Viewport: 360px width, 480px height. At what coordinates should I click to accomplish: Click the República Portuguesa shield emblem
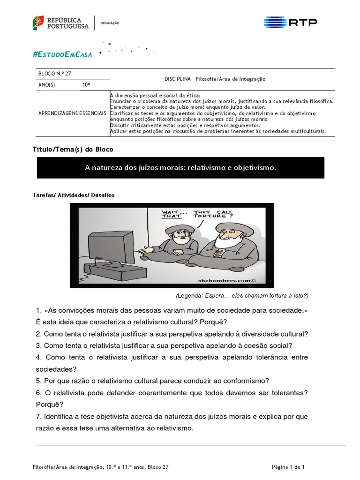click(x=38, y=22)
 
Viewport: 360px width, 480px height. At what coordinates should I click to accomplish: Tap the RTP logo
click(x=290, y=22)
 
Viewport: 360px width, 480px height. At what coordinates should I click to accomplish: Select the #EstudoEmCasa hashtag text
click(x=62, y=54)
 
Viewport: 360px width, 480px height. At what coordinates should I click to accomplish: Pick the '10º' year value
click(x=86, y=85)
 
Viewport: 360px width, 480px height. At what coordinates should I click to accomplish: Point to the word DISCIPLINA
click(x=178, y=79)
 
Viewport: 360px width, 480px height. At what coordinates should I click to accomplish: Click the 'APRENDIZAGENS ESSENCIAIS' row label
click(x=72, y=114)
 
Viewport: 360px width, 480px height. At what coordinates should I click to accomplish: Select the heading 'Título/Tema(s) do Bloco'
click(x=73, y=149)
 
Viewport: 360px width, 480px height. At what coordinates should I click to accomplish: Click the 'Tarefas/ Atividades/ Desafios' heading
click(x=74, y=195)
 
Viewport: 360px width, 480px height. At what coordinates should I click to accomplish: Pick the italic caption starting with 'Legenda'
click(x=242, y=295)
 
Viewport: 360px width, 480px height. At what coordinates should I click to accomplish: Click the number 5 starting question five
click(x=37, y=381)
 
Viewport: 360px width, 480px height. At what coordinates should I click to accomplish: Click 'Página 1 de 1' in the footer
click(x=288, y=467)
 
